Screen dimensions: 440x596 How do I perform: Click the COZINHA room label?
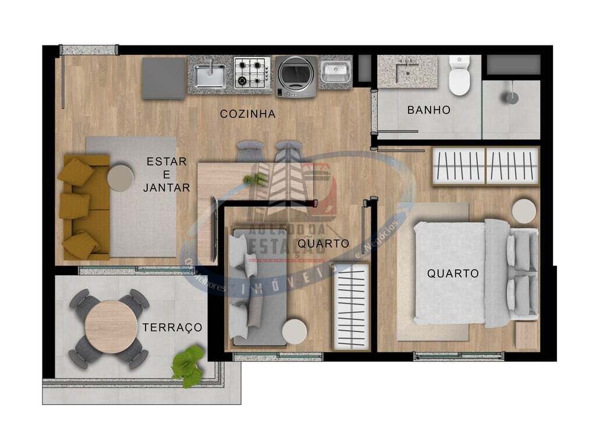(x=247, y=114)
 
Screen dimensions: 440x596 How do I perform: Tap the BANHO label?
(x=428, y=110)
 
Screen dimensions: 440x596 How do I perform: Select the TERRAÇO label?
(x=172, y=328)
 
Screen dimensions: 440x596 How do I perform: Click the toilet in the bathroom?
(x=459, y=76)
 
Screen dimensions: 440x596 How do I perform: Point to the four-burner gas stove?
(x=252, y=73)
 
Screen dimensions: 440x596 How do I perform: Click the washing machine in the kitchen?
(x=296, y=76)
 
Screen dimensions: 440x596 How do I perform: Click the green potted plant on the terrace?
(x=188, y=366)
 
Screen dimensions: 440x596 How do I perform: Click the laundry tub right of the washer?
(x=336, y=73)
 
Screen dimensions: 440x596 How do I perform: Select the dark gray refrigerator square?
(x=164, y=78)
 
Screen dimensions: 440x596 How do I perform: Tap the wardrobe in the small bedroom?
(x=350, y=307)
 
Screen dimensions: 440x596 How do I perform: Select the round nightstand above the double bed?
(x=524, y=211)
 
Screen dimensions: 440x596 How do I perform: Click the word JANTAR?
(x=166, y=188)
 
